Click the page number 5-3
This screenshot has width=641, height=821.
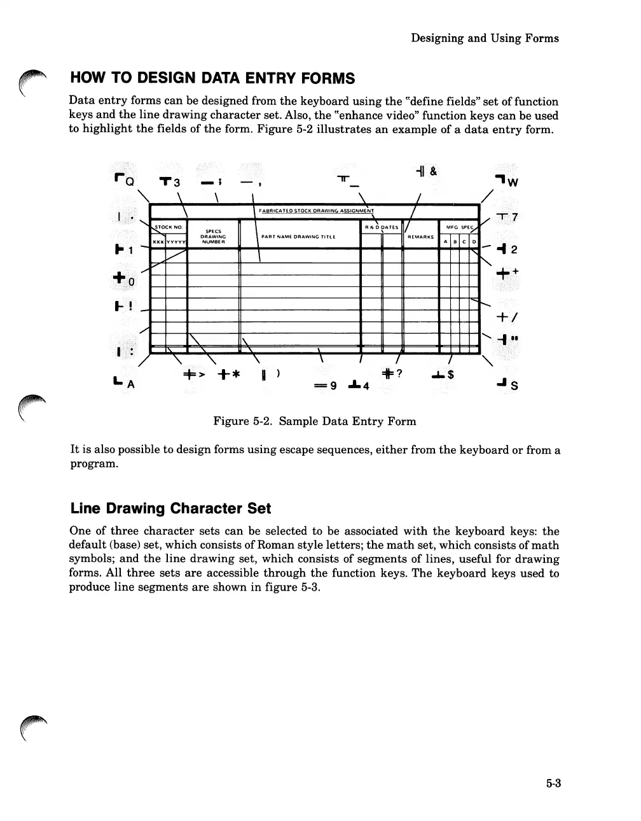[x=553, y=783]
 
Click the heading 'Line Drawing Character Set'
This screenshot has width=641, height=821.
[x=170, y=509]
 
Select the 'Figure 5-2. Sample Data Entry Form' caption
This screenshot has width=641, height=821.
[x=314, y=421]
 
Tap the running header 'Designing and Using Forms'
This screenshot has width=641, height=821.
[x=485, y=38]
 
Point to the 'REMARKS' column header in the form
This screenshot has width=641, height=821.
[x=420, y=237]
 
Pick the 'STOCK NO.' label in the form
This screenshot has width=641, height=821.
[x=169, y=227]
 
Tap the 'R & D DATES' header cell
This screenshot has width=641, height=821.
[x=382, y=227]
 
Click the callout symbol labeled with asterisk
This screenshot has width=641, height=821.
[x=227, y=373]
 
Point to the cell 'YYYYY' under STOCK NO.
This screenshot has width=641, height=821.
[x=176, y=242]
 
